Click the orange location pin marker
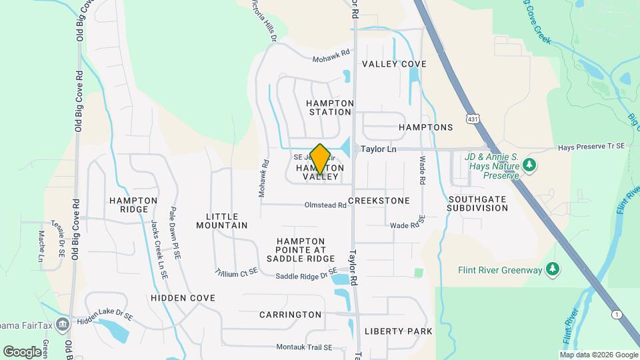coord(320,158)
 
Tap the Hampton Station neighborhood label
coord(329,107)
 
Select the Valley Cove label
coord(394,64)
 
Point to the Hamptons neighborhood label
coord(425,127)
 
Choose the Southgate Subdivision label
coord(478,203)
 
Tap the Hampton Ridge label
coord(133,205)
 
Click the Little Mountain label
coord(222,221)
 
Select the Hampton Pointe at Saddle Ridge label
coord(301,249)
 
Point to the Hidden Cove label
coord(183,298)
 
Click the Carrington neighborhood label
coord(290,315)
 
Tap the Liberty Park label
coord(399,331)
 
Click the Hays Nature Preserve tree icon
coord(529,164)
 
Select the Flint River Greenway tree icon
coord(551,269)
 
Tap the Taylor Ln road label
coord(379,149)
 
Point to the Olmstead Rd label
coord(326,205)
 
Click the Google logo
coord(22,351)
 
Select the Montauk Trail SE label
coord(303,347)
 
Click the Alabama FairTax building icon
coord(63,325)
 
